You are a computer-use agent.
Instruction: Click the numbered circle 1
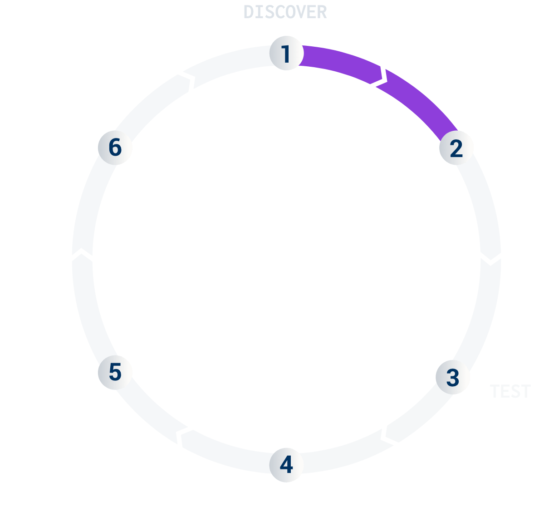(x=286, y=53)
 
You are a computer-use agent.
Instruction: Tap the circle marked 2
(x=456, y=148)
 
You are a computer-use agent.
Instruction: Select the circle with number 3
(x=452, y=377)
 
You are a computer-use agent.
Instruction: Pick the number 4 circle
(x=286, y=465)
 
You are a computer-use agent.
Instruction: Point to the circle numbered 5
(x=115, y=372)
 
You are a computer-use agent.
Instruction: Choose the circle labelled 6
(x=115, y=148)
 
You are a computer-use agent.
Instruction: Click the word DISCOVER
(x=285, y=12)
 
